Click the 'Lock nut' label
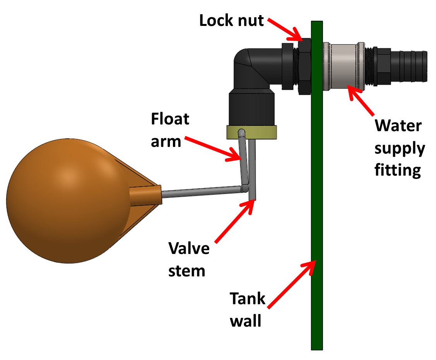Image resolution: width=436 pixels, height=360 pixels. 231,20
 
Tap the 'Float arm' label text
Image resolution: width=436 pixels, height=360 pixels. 170,130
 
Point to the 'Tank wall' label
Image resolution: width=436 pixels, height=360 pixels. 248,310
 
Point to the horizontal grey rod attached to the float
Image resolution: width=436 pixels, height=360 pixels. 201,191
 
